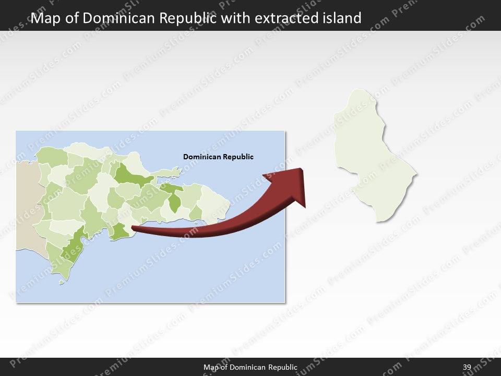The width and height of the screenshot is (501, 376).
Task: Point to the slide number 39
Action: click(x=467, y=368)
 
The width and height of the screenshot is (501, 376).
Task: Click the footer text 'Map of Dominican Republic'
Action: click(x=250, y=368)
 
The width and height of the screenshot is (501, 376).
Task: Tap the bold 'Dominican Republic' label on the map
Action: click(x=218, y=157)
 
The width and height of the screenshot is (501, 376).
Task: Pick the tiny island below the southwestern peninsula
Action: click(x=62, y=283)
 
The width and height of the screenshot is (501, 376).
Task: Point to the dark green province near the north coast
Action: click(x=130, y=175)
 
